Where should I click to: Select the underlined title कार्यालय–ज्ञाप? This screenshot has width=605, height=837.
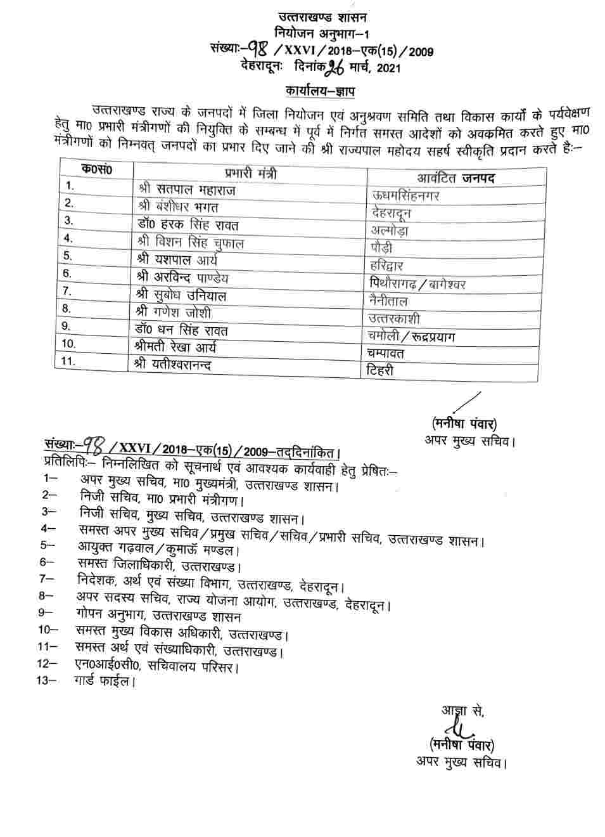tap(319, 91)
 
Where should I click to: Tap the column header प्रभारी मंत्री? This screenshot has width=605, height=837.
tap(250, 173)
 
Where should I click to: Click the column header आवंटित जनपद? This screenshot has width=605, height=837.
tap(455, 178)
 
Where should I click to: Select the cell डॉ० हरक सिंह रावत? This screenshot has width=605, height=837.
tap(188, 225)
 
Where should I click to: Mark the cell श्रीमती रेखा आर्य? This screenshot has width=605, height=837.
tap(181, 347)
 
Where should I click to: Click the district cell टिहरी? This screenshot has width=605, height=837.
tap(380, 370)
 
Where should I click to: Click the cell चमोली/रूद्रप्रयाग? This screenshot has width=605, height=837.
tap(411, 336)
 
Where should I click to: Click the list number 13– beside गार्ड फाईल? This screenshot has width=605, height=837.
tap(48, 680)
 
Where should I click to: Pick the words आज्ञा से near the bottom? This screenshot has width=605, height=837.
tap(462, 710)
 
